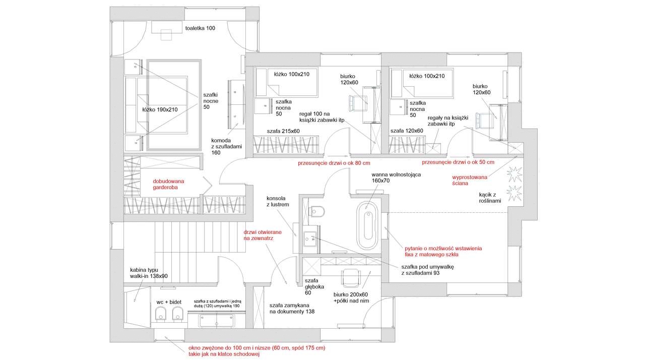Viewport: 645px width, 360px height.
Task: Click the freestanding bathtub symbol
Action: [367, 225]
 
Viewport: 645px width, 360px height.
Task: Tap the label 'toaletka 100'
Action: [200, 28]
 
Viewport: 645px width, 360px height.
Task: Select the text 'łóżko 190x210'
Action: [160, 109]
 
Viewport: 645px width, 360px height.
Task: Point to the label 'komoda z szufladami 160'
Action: [226, 147]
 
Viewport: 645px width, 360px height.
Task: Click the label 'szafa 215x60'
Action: [283, 131]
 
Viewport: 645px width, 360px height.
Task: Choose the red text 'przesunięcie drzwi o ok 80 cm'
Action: [334, 163]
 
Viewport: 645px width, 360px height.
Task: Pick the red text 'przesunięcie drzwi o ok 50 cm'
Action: [458, 162]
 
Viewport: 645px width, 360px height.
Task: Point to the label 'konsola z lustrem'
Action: [278, 202]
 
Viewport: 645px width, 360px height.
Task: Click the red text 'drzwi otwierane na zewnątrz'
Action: [258, 235]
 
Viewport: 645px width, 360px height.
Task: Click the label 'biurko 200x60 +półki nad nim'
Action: [351, 298]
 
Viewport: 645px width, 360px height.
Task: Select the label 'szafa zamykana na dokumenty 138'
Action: [292, 309]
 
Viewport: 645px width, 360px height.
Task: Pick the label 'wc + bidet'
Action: [169, 302]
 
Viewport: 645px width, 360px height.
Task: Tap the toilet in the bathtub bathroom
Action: [317, 210]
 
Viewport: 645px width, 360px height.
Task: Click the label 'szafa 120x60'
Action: [406, 131]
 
